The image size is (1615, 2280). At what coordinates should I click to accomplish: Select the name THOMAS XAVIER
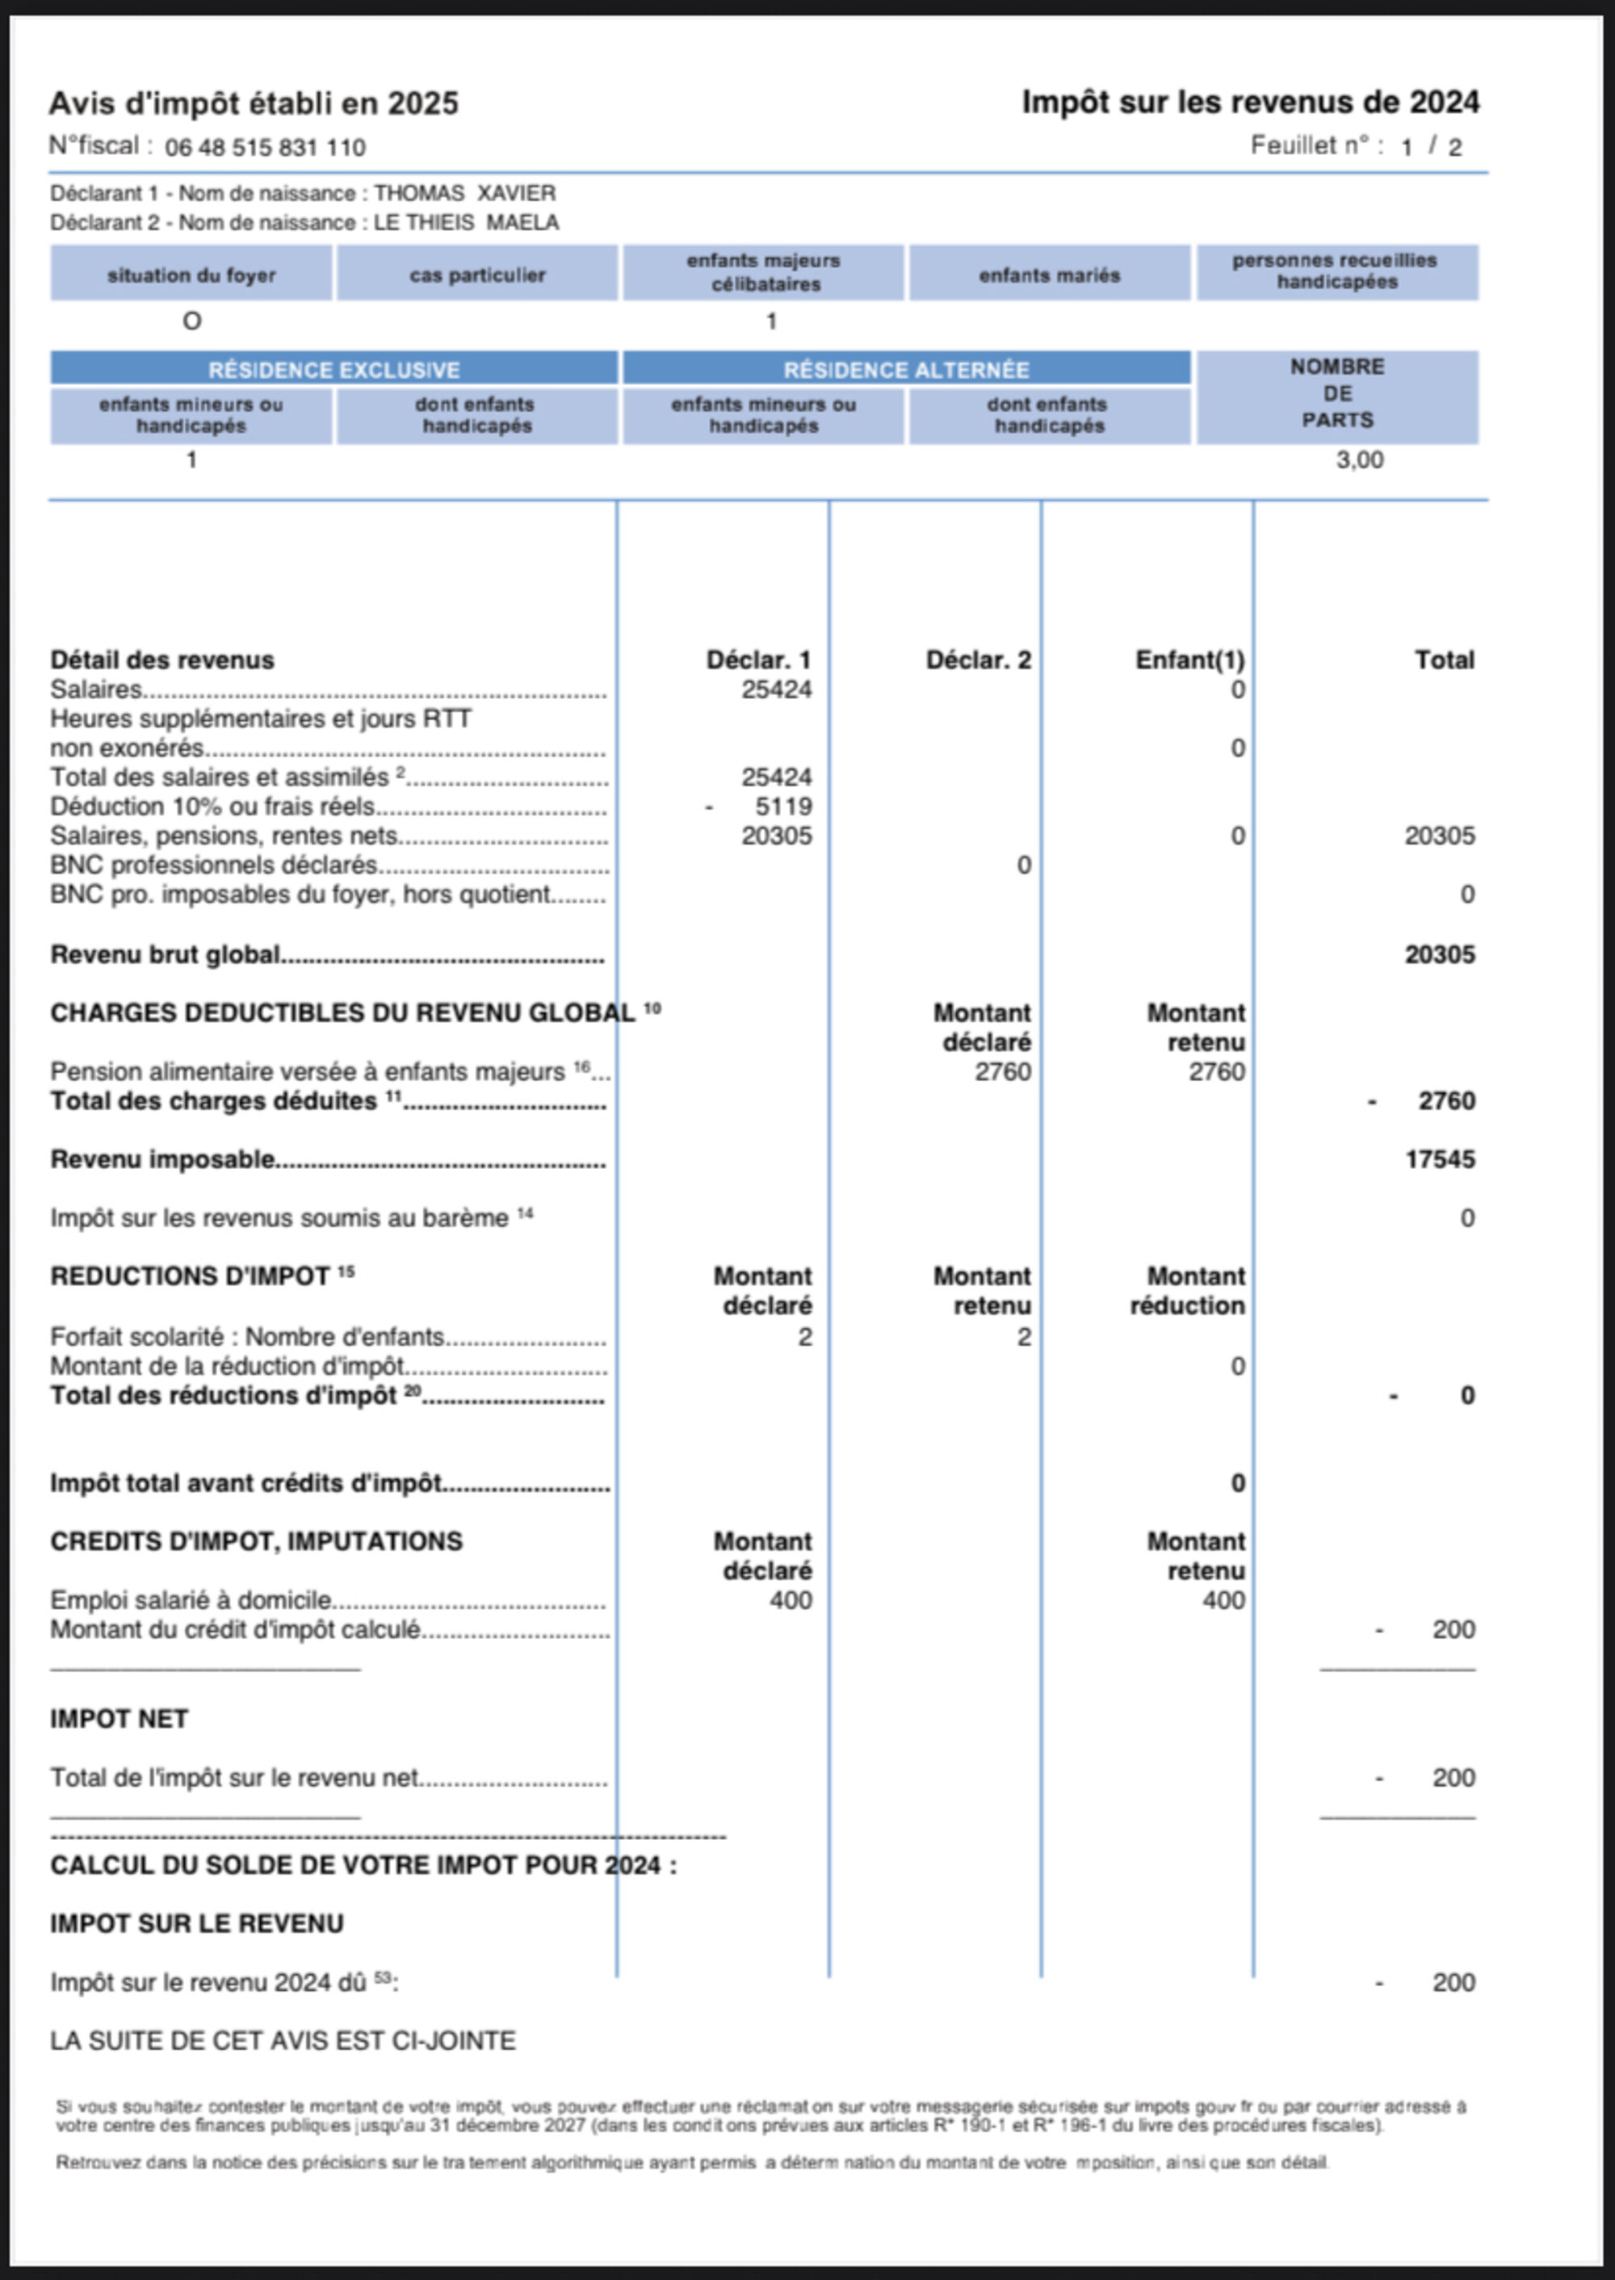click(x=464, y=193)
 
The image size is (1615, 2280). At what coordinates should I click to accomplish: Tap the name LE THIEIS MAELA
click(x=465, y=222)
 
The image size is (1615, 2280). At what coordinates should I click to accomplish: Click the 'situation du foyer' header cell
click(x=191, y=275)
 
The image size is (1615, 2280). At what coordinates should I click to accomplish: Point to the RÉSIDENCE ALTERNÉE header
click(x=906, y=370)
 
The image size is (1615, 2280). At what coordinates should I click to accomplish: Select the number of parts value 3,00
click(x=1358, y=459)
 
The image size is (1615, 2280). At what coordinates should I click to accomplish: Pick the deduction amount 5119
click(x=782, y=807)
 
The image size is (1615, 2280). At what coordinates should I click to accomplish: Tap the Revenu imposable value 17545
click(x=1439, y=1159)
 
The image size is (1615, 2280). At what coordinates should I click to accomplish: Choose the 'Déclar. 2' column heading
click(x=978, y=660)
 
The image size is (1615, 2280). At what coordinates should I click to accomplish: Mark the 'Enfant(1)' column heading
click(x=1189, y=660)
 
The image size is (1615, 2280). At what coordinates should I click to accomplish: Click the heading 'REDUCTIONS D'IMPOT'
click(x=190, y=1276)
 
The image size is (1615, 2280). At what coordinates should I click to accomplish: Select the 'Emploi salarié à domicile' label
click(x=190, y=1600)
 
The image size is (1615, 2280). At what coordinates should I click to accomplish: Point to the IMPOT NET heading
click(x=120, y=1719)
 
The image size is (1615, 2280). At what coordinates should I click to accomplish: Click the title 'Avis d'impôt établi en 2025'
click(x=254, y=103)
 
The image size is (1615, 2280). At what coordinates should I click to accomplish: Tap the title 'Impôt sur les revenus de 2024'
click(x=1250, y=103)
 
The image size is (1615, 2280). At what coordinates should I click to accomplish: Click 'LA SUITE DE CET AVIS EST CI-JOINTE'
click(x=283, y=2041)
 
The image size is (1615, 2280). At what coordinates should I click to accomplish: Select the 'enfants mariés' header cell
click(x=1049, y=275)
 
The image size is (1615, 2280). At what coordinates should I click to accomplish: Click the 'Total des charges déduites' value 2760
click(x=1446, y=1100)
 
